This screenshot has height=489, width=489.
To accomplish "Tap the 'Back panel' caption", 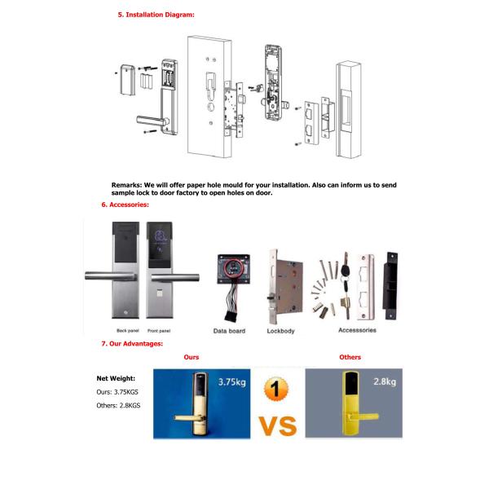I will pyautogui.click(x=129, y=331).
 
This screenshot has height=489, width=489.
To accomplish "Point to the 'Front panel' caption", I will pyautogui.click(x=160, y=331).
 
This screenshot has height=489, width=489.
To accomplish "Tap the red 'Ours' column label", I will pyautogui.click(x=191, y=357).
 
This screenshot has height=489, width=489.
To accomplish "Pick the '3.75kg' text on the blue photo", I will pyautogui.click(x=232, y=381).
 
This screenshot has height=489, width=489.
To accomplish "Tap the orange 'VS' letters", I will pyautogui.click(x=278, y=425).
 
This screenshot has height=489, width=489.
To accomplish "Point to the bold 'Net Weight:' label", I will pyautogui.click(x=116, y=378).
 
